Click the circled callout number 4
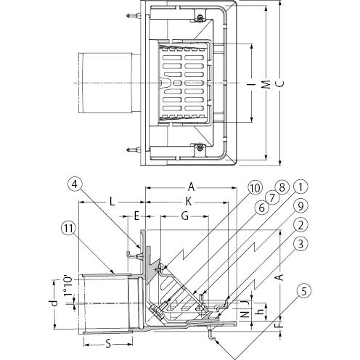pos(75,185)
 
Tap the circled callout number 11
pos(68,229)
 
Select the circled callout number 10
pos(255,188)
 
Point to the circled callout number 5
pos(304,291)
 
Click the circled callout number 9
pos(300,206)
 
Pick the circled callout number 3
pos(300,244)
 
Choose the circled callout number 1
pos(300,187)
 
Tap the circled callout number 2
pos(300,225)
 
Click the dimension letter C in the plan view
pos(280,83)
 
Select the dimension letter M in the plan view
pos(266,84)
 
